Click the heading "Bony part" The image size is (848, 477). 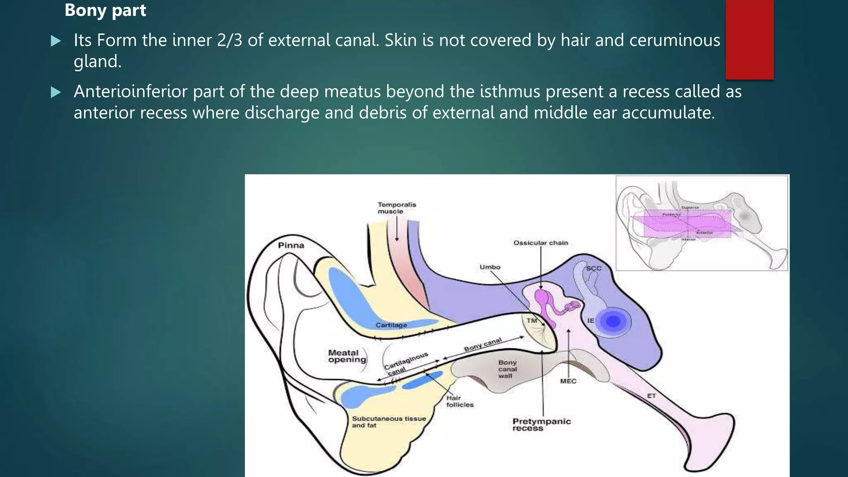pyautogui.click(x=105, y=10)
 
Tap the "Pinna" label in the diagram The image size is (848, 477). pyautogui.click(x=291, y=246)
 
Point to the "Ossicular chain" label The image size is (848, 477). pyautogui.click(x=541, y=243)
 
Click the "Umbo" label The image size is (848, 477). pyautogui.click(x=490, y=267)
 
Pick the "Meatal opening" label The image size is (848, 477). pyautogui.click(x=347, y=356)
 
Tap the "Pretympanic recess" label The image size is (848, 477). pyautogui.click(x=541, y=424)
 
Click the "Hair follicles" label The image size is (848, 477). pyautogui.click(x=460, y=401)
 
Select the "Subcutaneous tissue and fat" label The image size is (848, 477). pyautogui.click(x=389, y=422)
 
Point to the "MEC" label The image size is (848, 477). pyautogui.click(x=568, y=381)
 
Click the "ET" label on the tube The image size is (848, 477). pyautogui.click(x=651, y=396)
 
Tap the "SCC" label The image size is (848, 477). pyautogui.click(x=593, y=268)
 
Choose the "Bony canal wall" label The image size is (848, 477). pyautogui.click(x=507, y=369)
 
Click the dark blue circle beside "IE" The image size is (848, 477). pyautogui.click(x=613, y=321)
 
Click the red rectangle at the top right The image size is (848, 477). pyautogui.click(x=749, y=39)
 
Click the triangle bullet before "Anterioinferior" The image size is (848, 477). pyautogui.click(x=55, y=92)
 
